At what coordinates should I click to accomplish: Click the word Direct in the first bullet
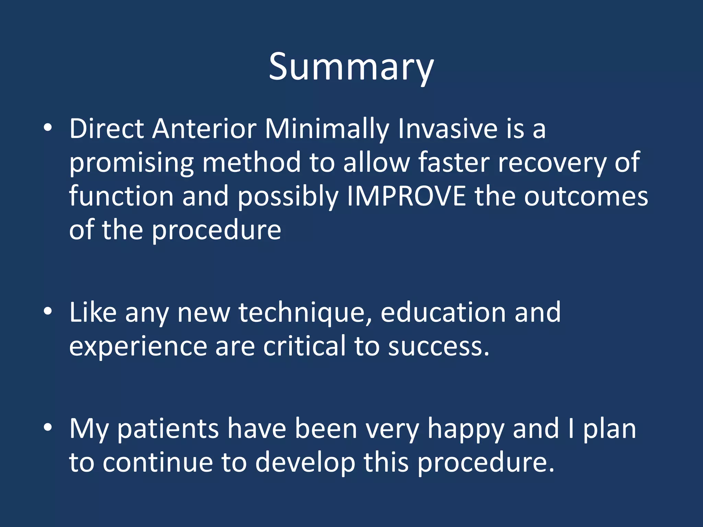[107, 129]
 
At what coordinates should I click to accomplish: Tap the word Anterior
[204, 129]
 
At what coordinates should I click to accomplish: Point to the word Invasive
[447, 129]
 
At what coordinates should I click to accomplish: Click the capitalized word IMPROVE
[406, 196]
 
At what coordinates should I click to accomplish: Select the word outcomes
[586, 196]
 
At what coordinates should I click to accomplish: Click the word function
[121, 196]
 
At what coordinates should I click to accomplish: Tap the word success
[438, 347]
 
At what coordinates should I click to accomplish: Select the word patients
[168, 430]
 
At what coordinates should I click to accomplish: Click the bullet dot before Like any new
[48, 312]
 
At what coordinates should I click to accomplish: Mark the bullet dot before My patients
[48, 428]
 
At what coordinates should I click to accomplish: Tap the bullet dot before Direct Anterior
[48, 128]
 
